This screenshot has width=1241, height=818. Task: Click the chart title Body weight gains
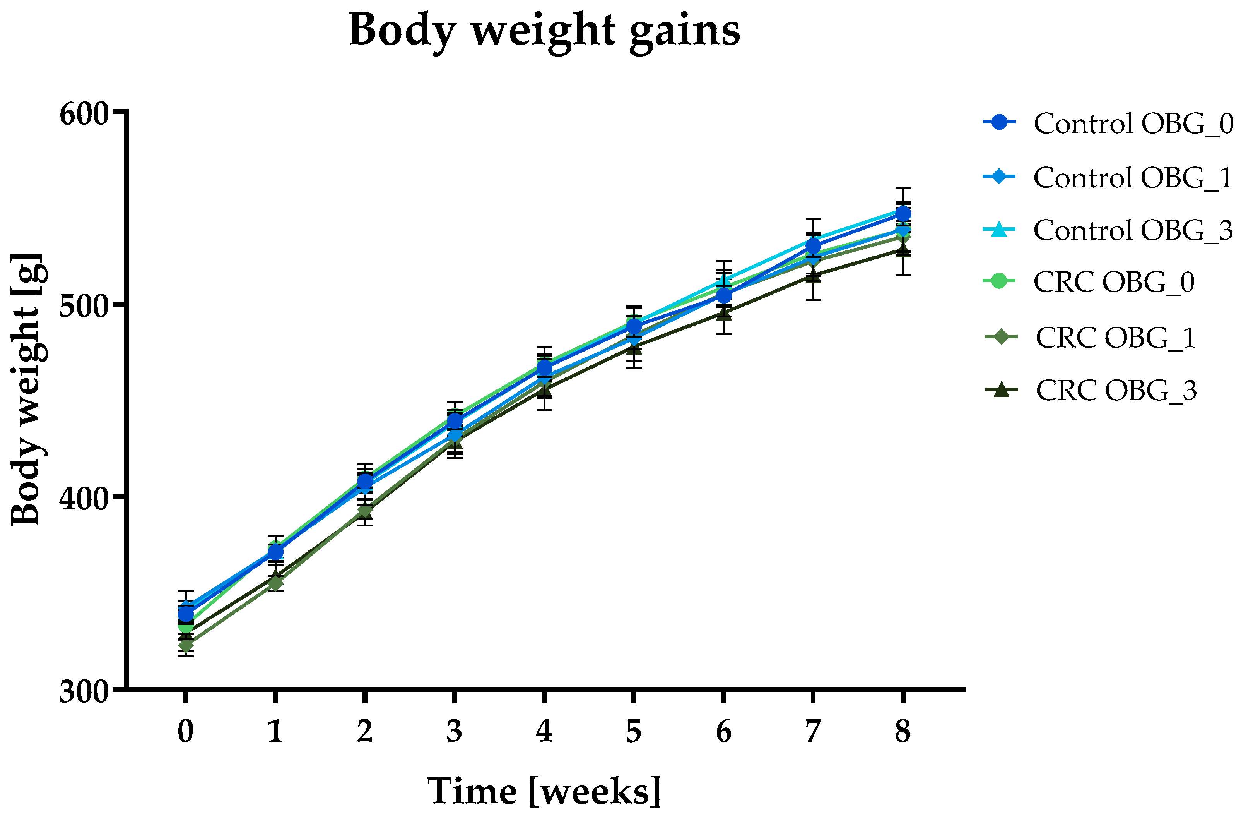point(544,30)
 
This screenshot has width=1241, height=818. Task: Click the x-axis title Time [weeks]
point(544,791)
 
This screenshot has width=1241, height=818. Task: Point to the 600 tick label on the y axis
point(84,114)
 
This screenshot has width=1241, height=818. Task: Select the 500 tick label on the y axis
point(84,306)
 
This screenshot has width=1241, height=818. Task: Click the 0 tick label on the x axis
point(186,731)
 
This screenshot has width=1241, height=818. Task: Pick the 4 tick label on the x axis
point(544,731)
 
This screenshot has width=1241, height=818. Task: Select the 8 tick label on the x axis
point(903,731)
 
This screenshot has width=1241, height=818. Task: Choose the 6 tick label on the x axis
point(723,731)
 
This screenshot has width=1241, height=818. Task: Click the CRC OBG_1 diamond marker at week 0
point(186,646)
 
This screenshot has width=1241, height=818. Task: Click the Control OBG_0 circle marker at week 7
point(813,246)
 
